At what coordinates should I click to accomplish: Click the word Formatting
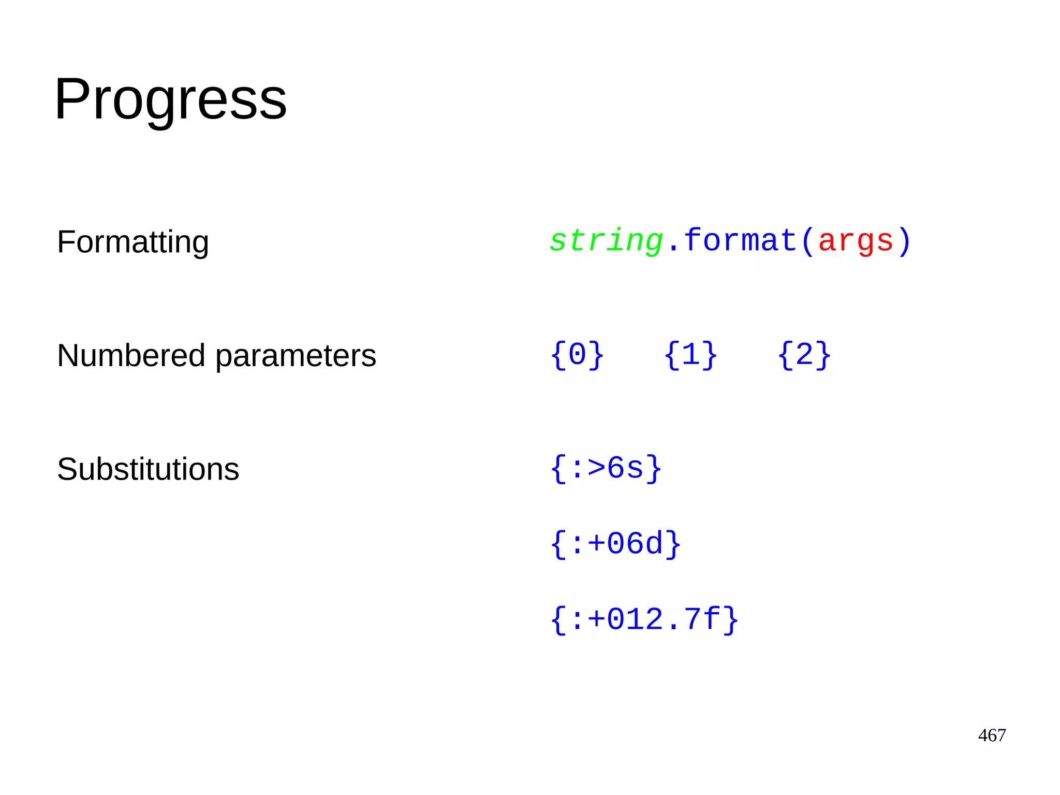(x=132, y=242)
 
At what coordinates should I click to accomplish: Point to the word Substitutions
(x=148, y=469)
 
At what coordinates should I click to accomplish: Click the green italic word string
(x=606, y=241)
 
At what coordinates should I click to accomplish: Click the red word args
(x=856, y=241)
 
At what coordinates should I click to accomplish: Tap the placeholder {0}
(x=577, y=355)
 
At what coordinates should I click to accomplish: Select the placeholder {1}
(x=690, y=355)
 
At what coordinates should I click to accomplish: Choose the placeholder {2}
(x=804, y=355)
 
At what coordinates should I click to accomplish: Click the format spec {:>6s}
(x=606, y=469)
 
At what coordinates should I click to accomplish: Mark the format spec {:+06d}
(x=615, y=544)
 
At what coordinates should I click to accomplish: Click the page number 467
(x=992, y=735)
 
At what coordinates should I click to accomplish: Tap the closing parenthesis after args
(x=904, y=241)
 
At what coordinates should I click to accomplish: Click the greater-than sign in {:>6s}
(x=596, y=468)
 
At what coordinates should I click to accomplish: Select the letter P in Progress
(x=72, y=98)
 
